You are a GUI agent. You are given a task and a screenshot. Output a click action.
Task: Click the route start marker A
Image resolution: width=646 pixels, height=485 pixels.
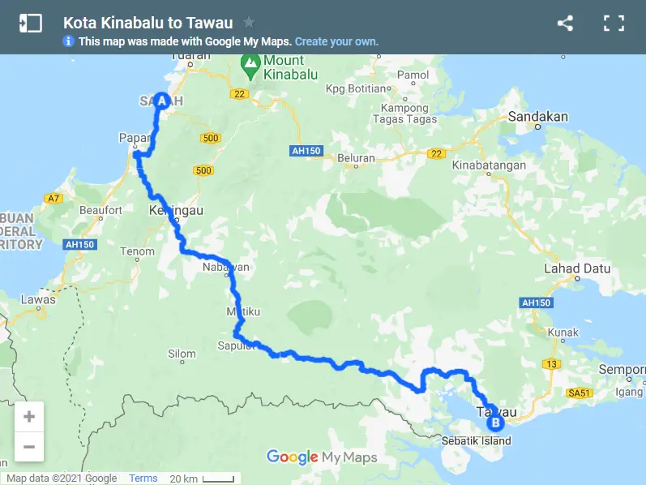point(161,101)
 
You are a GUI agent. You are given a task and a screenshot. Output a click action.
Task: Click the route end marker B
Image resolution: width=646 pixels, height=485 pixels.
point(494,422)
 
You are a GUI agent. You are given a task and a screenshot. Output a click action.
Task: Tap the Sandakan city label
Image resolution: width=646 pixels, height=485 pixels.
point(538,117)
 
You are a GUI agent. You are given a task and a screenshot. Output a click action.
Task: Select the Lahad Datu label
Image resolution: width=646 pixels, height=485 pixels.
point(573,268)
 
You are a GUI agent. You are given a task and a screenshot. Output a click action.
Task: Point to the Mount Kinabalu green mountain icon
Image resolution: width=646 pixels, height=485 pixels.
point(252,62)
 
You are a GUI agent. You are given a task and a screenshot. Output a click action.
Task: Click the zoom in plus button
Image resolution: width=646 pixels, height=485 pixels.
point(29,417)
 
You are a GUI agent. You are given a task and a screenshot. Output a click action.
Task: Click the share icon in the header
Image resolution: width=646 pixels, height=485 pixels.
point(565,23)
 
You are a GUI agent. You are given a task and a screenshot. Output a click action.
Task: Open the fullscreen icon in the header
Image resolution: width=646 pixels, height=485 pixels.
point(614,23)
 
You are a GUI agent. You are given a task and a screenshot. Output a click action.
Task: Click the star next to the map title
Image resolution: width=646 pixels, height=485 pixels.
point(249,23)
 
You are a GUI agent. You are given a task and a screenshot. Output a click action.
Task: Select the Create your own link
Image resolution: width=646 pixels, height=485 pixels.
point(336,41)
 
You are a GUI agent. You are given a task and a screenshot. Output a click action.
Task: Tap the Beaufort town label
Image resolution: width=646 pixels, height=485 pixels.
point(101,211)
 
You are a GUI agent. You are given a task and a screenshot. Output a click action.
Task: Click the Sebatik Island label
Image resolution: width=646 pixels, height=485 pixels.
point(477,441)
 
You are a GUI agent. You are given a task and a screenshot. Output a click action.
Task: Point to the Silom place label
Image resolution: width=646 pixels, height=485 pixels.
point(182,354)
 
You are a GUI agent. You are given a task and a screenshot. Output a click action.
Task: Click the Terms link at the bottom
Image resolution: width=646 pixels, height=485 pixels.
point(143,479)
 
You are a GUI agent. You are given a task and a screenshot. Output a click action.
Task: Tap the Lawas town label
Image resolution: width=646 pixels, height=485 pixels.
point(38,299)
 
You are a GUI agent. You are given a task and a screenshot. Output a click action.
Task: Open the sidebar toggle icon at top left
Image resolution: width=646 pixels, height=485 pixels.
point(30,23)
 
